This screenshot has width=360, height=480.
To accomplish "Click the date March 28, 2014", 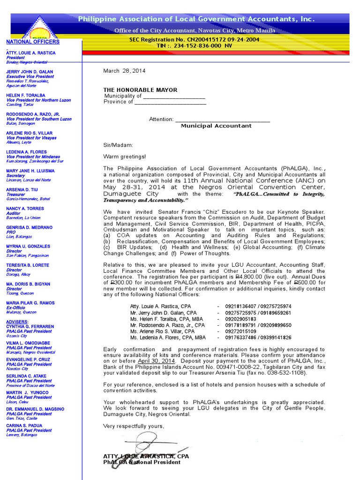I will click(x=124, y=71).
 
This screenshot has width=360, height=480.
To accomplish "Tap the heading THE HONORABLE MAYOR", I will click(x=140, y=90).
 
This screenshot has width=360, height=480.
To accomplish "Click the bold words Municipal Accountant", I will click(x=216, y=126).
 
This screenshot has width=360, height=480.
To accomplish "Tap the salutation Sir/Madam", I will click(x=118, y=145).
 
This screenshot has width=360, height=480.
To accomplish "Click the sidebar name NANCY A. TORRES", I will click(x=25, y=209).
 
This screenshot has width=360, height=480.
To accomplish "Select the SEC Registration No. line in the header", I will click(x=194, y=40).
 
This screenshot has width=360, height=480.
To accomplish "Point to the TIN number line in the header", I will click(x=194, y=45).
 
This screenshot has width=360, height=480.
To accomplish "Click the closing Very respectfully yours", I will click(x=134, y=426).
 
